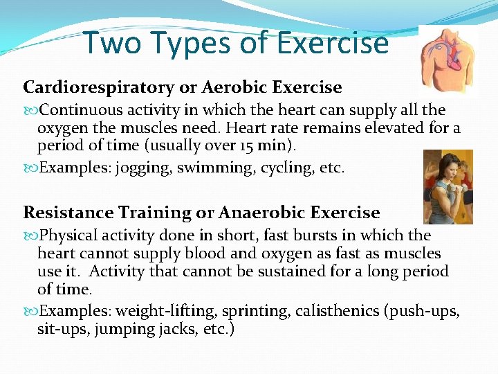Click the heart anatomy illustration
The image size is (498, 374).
(448, 60)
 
